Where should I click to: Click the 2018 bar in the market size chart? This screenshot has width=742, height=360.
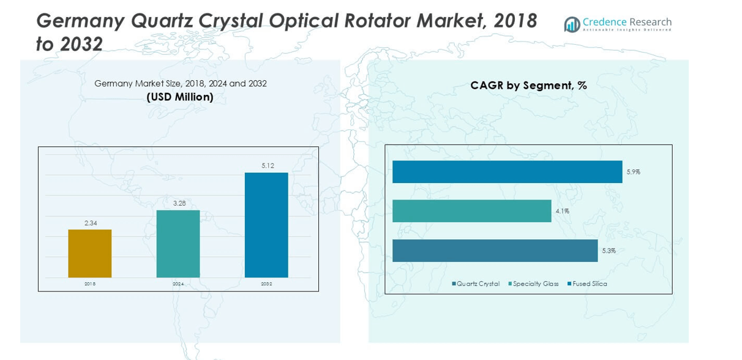point(90,253)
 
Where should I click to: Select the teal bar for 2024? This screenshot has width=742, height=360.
point(178,244)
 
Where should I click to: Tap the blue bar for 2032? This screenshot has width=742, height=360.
point(266,225)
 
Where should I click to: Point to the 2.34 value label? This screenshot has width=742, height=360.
point(91,223)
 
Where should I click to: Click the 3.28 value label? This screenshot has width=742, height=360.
point(179,203)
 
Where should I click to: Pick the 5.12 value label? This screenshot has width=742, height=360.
point(268,166)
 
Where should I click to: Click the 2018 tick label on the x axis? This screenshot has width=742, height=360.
point(90,284)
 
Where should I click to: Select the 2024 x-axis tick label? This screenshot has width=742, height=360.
point(178,284)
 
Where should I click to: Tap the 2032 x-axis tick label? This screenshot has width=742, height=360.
point(266,284)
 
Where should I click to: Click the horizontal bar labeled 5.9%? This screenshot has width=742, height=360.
point(507,172)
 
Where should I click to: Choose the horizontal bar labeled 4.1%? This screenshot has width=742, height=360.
point(471,211)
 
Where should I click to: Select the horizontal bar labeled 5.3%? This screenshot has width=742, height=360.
point(495,250)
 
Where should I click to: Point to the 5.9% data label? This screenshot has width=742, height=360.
point(633,172)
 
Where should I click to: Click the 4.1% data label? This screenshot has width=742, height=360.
point(562,211)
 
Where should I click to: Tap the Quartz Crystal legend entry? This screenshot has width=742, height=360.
point(476,284)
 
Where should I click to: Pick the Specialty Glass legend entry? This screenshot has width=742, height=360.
point(533,284)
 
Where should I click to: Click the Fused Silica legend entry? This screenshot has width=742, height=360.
point(587,284)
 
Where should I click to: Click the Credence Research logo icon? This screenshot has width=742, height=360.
point(572,24)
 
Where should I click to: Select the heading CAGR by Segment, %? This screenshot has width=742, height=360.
point(528,86)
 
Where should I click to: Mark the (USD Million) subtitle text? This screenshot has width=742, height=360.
point(180,97)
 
